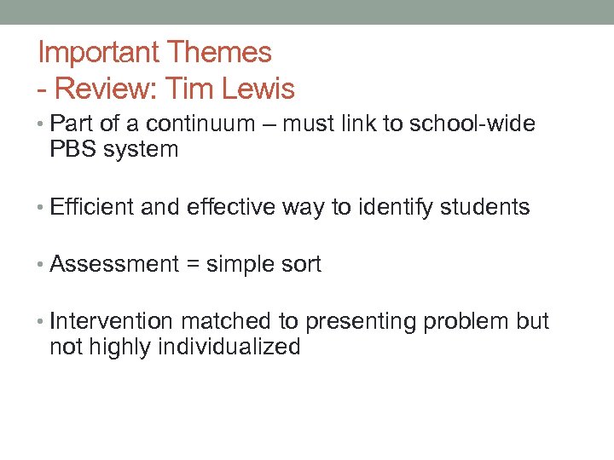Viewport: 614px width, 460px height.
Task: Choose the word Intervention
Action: tap(112, 321)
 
